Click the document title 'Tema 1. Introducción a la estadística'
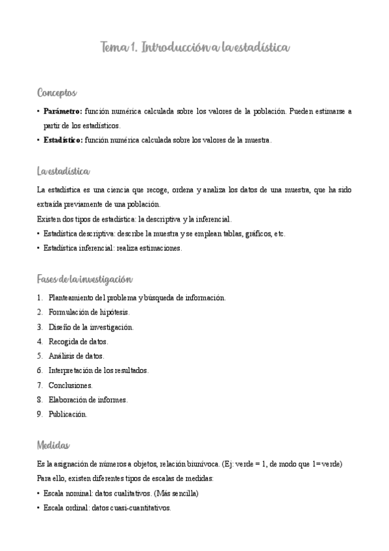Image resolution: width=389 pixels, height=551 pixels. (x=194, y=48)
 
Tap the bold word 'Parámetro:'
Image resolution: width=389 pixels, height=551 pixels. (x=62, y=111)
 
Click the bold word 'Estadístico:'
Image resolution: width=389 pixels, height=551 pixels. (x=63, y=140)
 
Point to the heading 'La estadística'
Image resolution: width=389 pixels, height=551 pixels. (x=63, y=172)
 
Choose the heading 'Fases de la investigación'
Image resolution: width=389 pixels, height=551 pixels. (x=85, y=279)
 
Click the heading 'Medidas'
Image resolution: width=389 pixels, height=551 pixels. (x=54, y=445)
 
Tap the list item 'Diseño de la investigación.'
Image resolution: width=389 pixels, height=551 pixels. (x=91, y=327)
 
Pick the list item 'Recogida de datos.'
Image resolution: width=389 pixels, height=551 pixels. (x=78, y=341)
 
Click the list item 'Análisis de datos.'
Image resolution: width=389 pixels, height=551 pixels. (x=76, y=356)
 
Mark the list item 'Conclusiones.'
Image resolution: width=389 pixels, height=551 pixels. (x=70, y=385)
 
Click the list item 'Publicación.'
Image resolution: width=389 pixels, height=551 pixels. (x=68, y=414)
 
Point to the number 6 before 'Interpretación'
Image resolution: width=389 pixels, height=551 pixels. (x=40, y=370)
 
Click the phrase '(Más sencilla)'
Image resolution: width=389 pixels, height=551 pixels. (x=175, y=493)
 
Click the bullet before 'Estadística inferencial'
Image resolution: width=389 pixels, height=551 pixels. (x=39, y=248)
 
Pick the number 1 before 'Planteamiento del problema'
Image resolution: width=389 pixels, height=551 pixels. (x=40, y=298)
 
